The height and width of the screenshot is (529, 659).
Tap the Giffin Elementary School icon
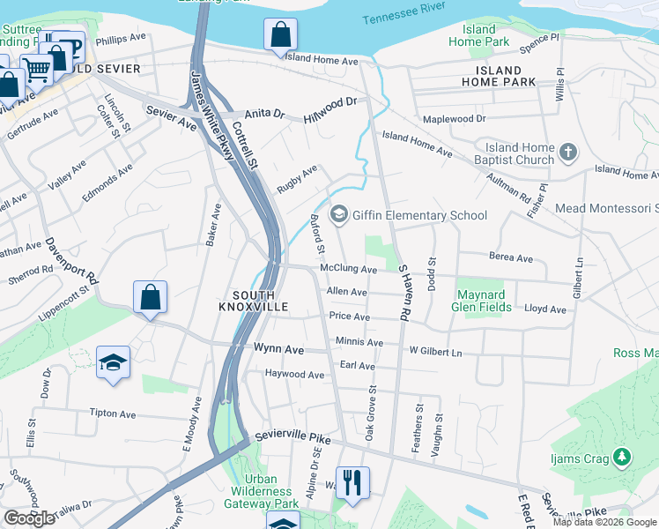coord(338,215)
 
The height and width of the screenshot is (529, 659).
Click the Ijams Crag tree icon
coord(622,456)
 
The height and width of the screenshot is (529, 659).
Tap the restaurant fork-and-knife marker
coord(353,481)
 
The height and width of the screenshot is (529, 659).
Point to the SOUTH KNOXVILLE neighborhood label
coord(254,300)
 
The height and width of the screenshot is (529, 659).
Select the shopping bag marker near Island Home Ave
coord(279,35)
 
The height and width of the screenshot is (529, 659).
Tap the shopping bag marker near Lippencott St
coord(151,297)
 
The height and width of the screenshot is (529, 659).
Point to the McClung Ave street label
coord(349,270)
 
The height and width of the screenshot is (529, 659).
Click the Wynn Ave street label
coord(278,350)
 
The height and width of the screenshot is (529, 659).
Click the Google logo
coord(29,518)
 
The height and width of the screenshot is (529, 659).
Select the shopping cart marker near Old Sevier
coord(37,68)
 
